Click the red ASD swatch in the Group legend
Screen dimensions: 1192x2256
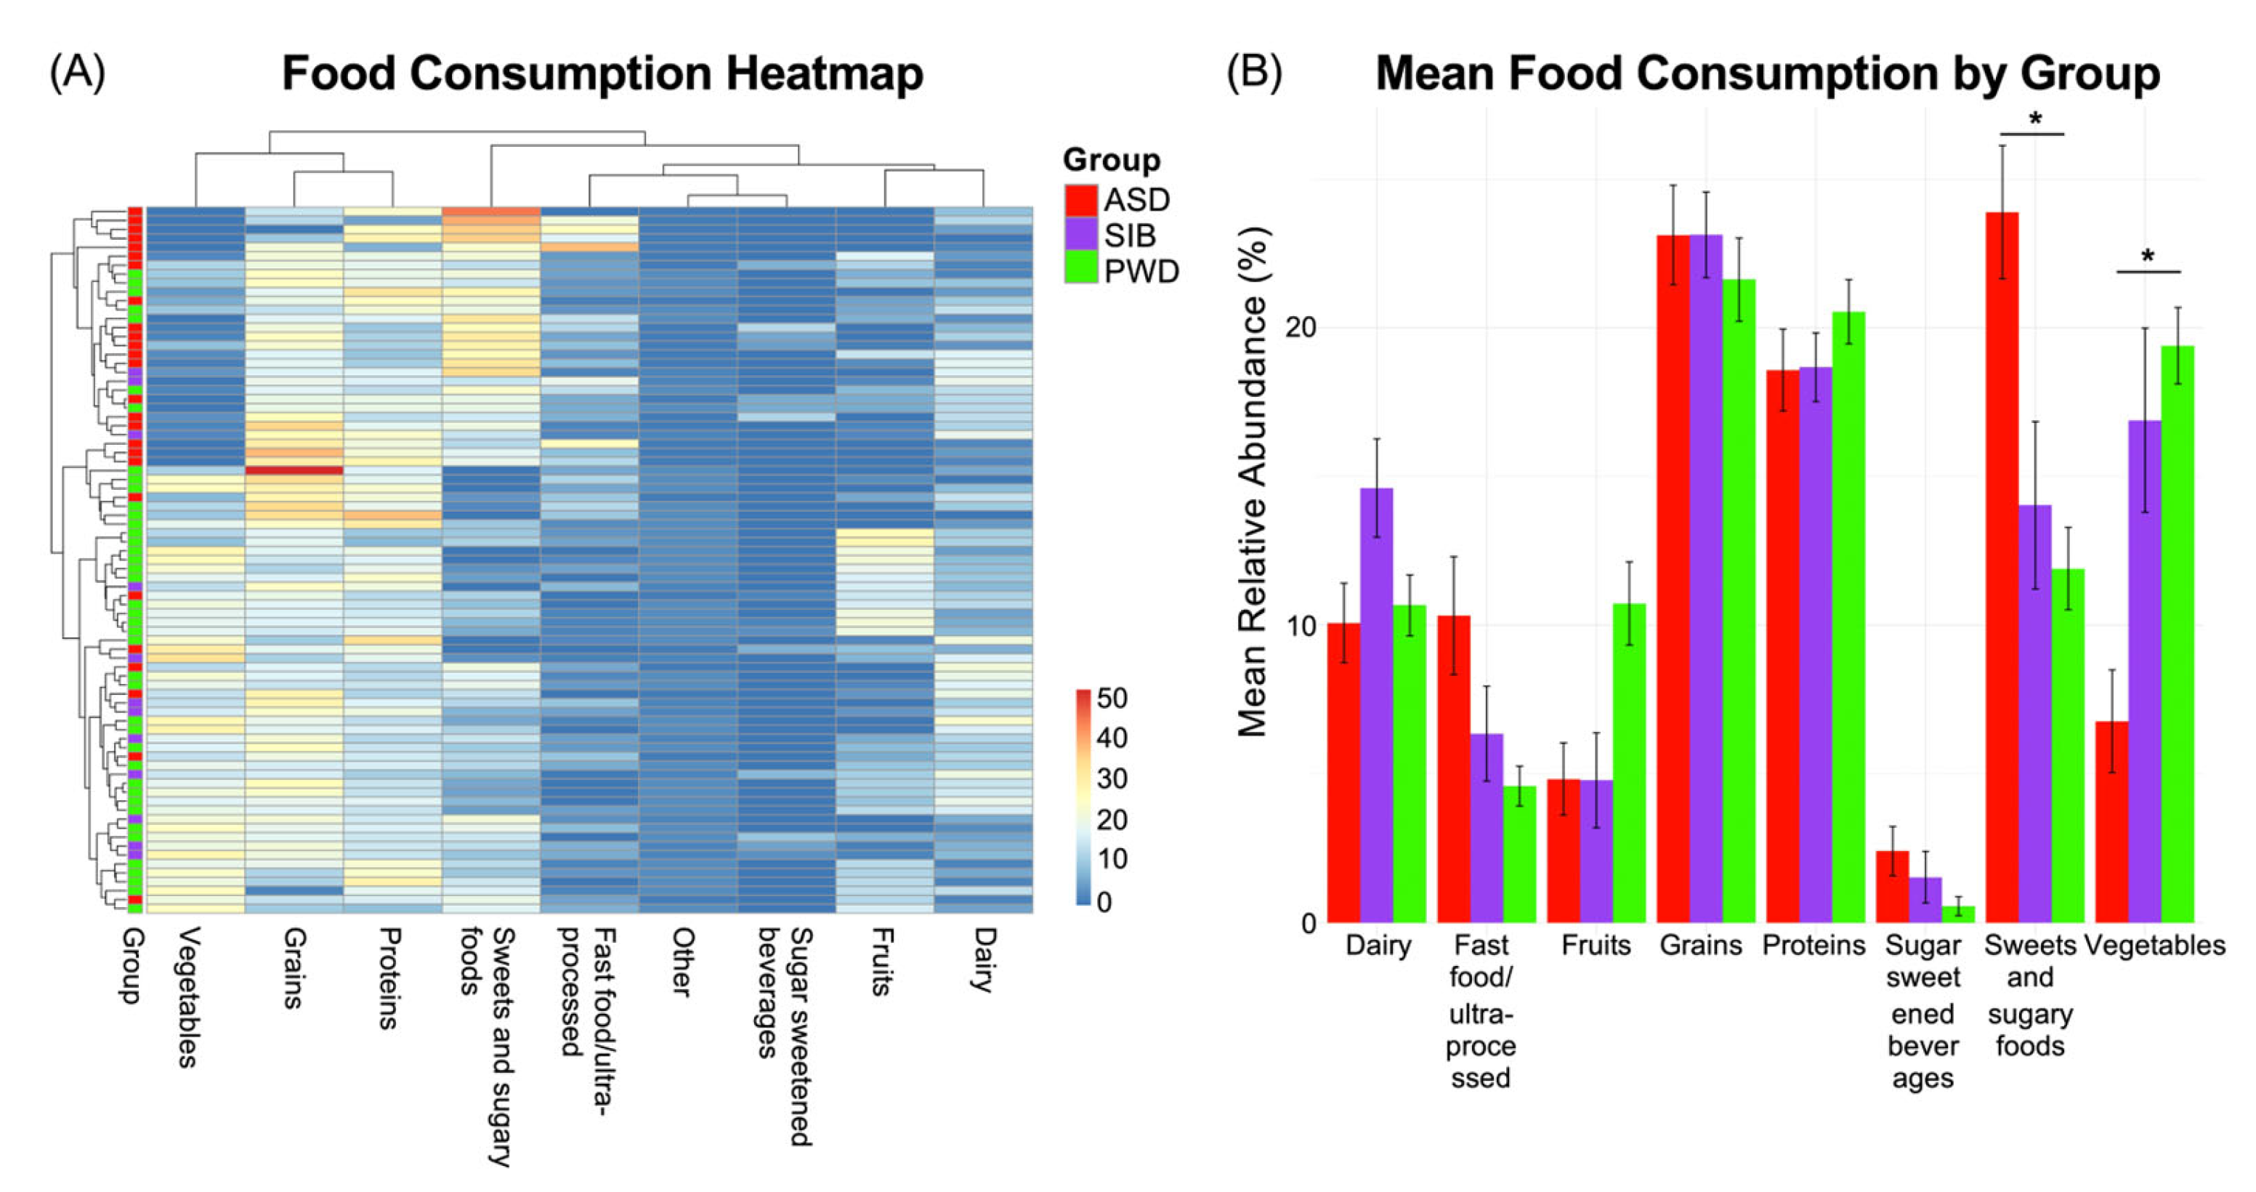pos(1080,201)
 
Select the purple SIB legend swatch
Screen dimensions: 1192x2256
pos(1080,235)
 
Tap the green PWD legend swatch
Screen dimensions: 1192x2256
pos(1080,269)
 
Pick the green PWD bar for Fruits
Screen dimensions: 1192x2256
pos(1629,762)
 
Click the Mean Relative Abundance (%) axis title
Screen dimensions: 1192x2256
pos(1253,482)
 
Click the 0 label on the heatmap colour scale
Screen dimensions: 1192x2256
pos(1104,901)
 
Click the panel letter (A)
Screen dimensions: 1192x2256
pos(77,73)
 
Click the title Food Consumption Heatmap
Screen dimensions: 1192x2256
pos(602,73)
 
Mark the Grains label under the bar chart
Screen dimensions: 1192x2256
pos(1701,945)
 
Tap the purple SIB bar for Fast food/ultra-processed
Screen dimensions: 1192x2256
pos(1486,828)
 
